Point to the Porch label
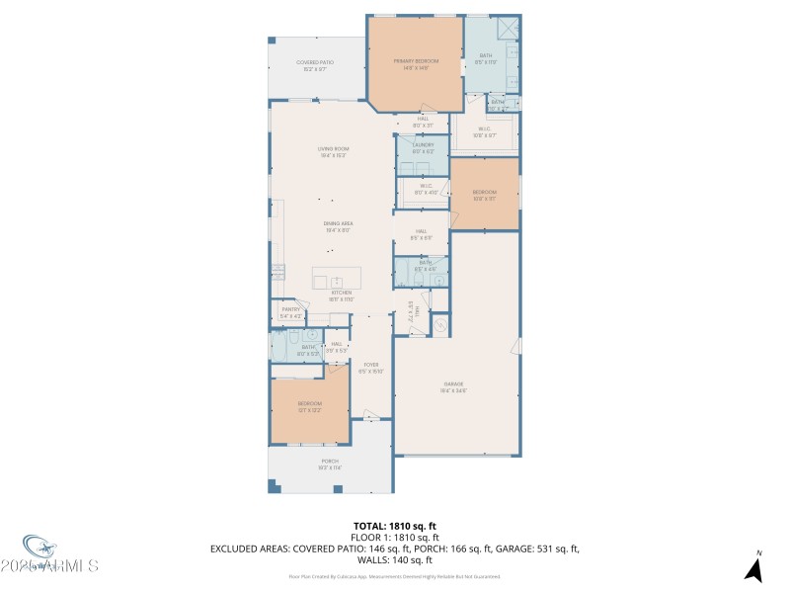pos(329,464)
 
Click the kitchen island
pos(337,278)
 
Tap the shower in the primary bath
pos(508,29)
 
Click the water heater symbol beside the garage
pos(441,323)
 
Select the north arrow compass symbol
pos(754,567)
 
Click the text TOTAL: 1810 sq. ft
pos(395,526)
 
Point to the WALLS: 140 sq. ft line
pos(395,560)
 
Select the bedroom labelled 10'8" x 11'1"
pos(484,195)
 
